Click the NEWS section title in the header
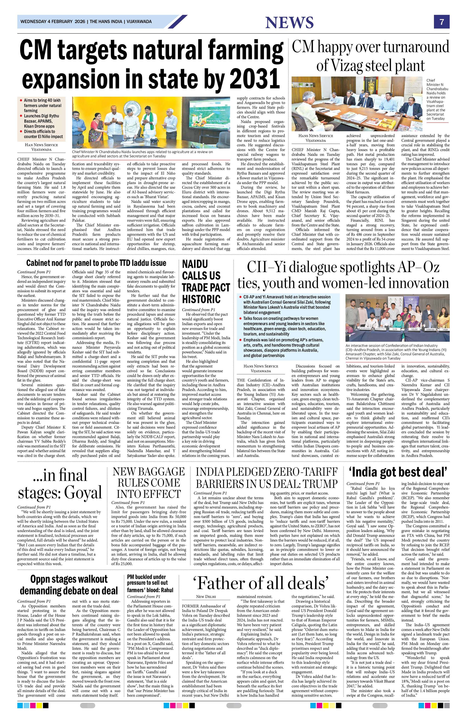coord(289,23)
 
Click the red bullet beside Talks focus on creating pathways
coord(241,319)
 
